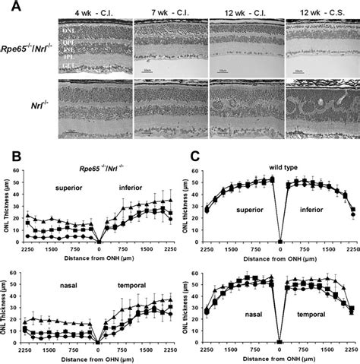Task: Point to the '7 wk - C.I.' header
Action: tap(169, 14)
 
